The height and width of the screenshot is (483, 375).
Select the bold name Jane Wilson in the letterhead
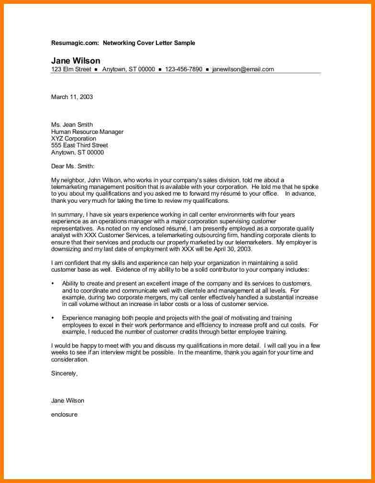point(76,61)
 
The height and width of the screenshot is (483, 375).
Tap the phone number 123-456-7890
point(183,69)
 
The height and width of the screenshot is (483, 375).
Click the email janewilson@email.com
point(243,69)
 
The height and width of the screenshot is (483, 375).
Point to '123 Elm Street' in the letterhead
point(71,69)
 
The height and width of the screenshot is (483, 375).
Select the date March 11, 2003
point(72,97)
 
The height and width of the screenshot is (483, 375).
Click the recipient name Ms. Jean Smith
point(72,125)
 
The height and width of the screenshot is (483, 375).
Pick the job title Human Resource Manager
point(87,132)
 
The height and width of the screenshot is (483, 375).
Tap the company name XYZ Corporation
point(74,139)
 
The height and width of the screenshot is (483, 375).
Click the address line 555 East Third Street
point(79,145)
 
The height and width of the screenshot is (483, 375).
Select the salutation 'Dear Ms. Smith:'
point(73,166)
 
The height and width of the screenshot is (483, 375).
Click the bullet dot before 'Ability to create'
point(53,284)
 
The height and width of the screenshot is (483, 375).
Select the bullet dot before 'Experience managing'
point(53,318)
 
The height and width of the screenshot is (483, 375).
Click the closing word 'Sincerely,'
point(64,373)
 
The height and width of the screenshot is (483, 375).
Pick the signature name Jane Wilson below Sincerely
point(67,401)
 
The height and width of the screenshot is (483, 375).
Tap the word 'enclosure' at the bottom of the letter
point(64,415)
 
